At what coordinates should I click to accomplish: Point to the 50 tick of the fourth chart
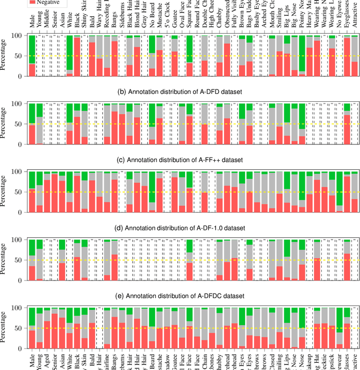[20, 260]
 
